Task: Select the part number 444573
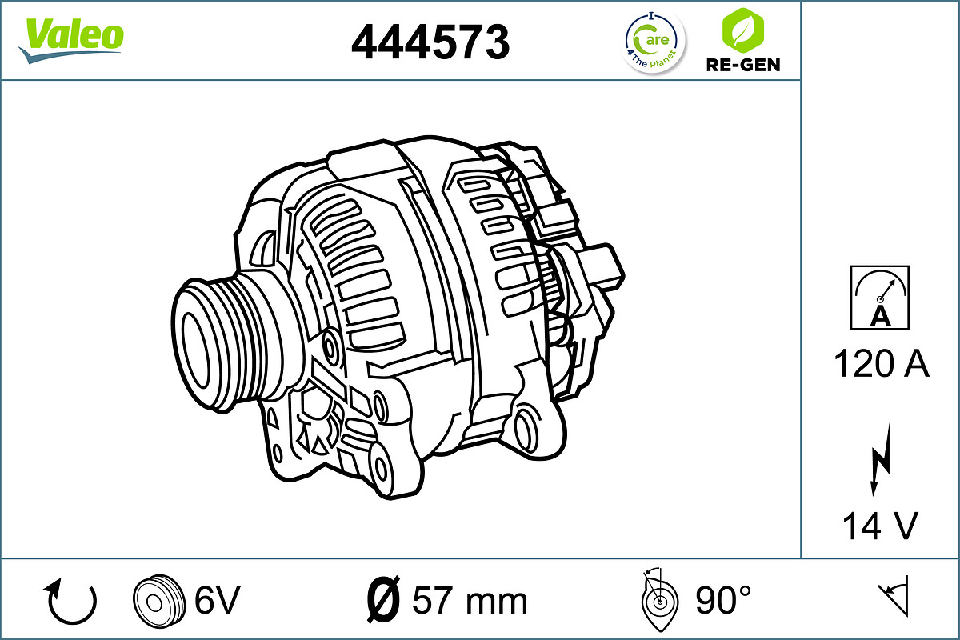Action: click(x=430, y=42)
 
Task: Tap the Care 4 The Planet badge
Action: click(x=654, y=42)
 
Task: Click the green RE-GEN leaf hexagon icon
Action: click(x=742, y=30)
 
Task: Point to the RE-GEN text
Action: click(x=742, y=65)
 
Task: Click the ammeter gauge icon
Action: click(x=880, y=298)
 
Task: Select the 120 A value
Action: click(x=881, y=365)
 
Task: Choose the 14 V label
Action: click(x=880, y=526)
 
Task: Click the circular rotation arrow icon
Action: click(x=72, y=601)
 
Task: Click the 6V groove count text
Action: click(x=218, y=600)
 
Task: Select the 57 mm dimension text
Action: click(x=470, y=601)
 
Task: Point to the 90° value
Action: click(x=723, y=600)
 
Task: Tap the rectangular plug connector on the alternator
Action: click(x=602, y=266)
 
